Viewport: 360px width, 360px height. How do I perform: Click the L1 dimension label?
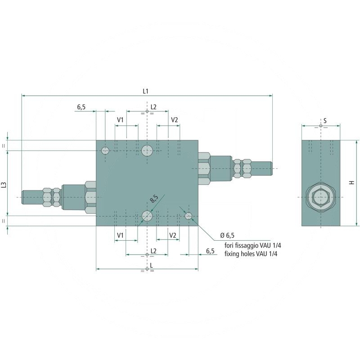click(x=145, y=91)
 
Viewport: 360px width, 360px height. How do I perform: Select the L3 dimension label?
click(x=4, y=184)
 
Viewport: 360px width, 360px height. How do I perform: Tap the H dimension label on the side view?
click(x=352, y=182)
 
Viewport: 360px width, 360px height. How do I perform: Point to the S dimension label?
click(x=324, y=121)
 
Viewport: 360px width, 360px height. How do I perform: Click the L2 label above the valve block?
click(x=153, y=107)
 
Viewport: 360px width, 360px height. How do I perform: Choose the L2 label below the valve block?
click(x=153, y=250)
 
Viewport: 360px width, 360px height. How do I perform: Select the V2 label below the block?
click(x=172, y=235)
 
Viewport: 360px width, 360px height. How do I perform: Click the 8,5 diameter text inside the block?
click(x=154, y=198)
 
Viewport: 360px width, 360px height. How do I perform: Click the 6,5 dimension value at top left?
click(x=81, y=107)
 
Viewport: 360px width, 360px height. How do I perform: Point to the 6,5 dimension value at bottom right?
click(x=210, y=251)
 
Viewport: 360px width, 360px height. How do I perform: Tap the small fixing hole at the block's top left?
click(x=105, y=150)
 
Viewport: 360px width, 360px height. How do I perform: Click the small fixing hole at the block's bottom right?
click(x=189, y=216)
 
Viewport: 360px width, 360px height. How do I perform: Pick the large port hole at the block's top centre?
click(x=147, y=150)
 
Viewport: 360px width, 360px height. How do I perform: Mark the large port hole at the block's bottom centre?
click(x=147, y=216)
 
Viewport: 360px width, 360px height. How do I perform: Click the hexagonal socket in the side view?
click(x=320, y=198)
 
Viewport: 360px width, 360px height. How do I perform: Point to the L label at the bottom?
click(x=151, y=265)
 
